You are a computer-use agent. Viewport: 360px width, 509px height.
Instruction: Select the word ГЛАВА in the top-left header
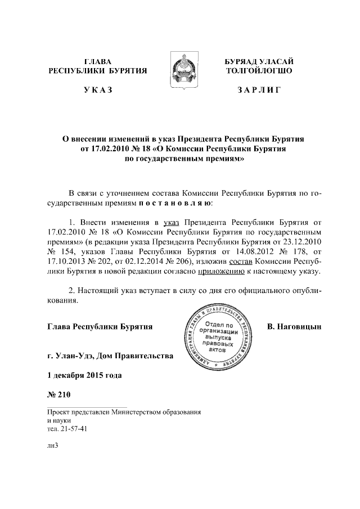click(x=97, y=61)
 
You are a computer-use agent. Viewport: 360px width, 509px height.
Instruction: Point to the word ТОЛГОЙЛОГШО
click(x=259, y=71)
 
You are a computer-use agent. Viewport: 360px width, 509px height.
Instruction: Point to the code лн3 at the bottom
click(x=53, y=445)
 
